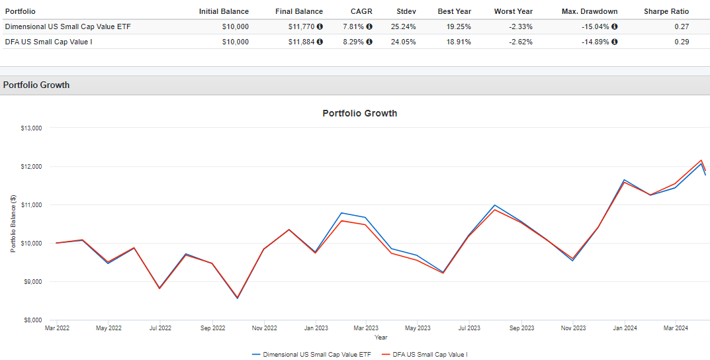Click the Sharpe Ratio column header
click(666, 11)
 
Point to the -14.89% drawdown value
click(590, 42)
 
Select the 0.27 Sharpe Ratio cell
click(682, 26)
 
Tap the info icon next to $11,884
click(320, 42)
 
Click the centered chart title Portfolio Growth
click(359, 113)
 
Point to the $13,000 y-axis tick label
click(31, 128)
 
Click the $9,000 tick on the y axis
click(32, 282)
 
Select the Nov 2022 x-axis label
click(264, 328)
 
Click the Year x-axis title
click(381, 337)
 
